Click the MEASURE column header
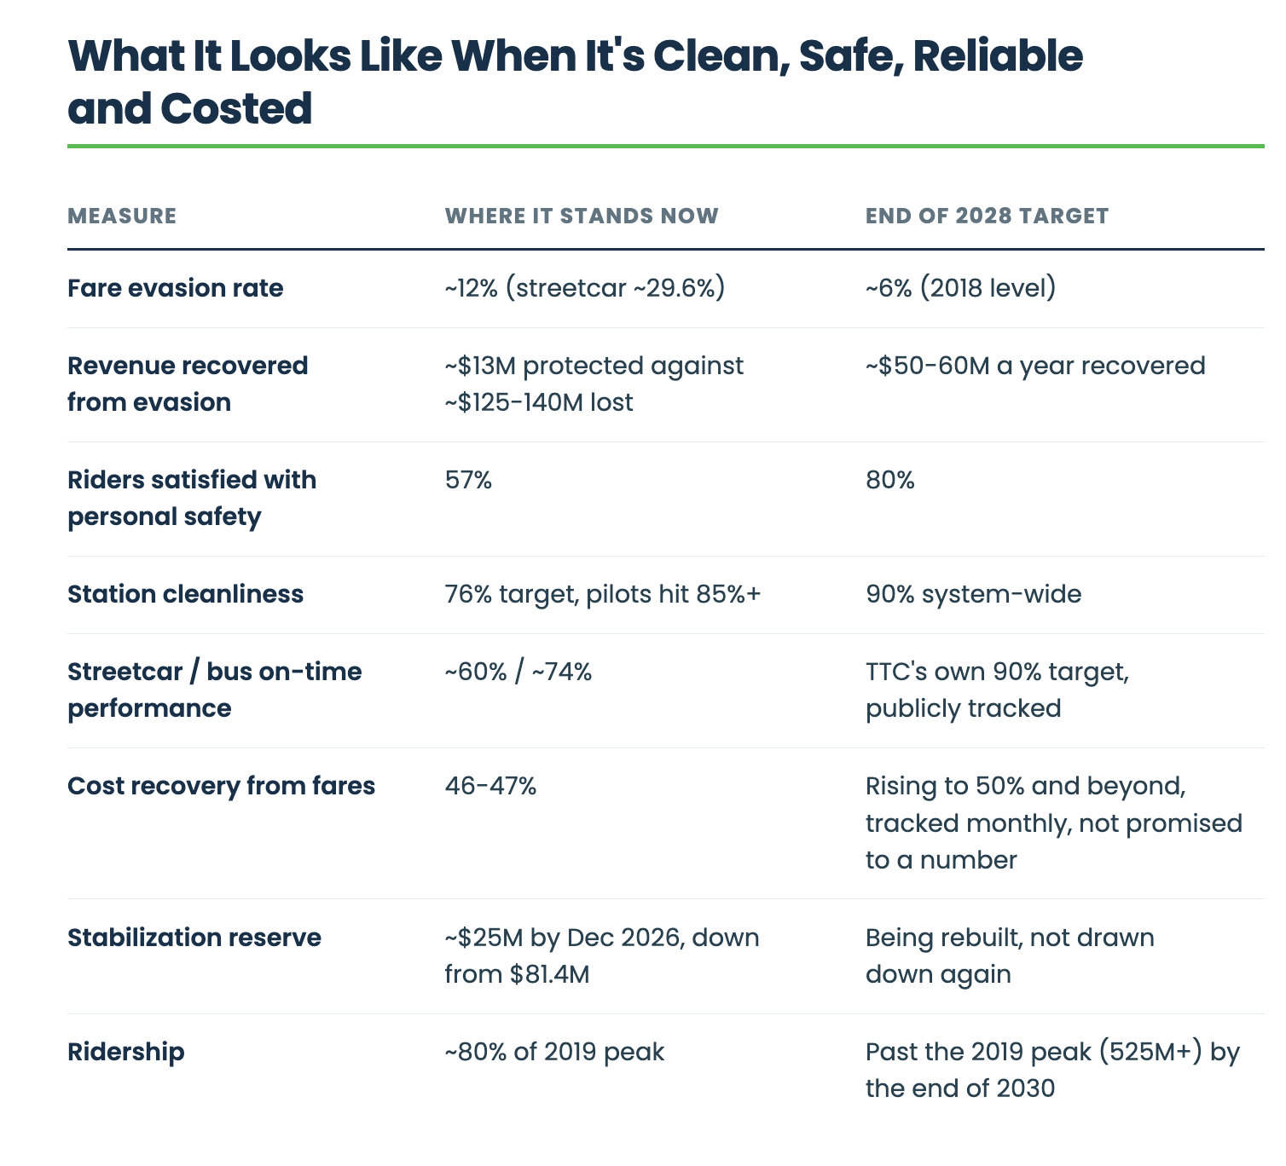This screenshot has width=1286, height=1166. click(122, 216)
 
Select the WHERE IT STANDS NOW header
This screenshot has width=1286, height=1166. click(582, 216)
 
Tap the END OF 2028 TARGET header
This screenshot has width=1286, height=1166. click(987, 216)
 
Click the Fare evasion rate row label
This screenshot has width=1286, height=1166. click(175, 288)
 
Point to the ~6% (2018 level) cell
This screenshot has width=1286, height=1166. click(960, 288)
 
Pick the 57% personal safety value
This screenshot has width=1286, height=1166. click(468, 480)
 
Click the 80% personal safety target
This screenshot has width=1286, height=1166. click(889, 480)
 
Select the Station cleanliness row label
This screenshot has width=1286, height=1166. click(185, 593)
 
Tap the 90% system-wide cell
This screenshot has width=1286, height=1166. click(973, 594)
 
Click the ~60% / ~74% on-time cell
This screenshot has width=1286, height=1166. click(518, 672)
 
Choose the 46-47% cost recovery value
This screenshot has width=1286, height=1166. click(490, 786)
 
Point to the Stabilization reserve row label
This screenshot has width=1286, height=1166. click(194, 938)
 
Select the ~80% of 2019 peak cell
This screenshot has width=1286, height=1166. click(554, 1052)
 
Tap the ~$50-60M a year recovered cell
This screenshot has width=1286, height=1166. click(1035, 366)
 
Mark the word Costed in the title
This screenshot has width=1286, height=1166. click(236, 108)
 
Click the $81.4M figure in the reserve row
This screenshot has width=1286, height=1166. click(549, 974)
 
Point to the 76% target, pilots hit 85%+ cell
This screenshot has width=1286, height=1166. click(603, 594)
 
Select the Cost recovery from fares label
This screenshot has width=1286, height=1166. click(221, 786)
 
